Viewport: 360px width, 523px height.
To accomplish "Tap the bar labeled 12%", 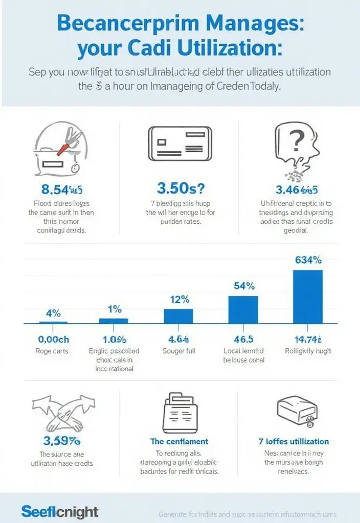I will [x=178, y=316].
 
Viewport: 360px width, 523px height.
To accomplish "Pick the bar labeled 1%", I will [x=114, y=320].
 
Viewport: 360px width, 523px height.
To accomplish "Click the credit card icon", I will [x=179, y=145].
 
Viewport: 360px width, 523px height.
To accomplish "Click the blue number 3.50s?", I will [x=179, y=189].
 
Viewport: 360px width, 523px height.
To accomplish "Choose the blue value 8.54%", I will [x=61, y=190].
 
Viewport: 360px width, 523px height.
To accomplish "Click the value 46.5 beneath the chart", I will [x=243, y=339].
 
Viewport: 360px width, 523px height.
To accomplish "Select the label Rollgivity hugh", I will [x=308, y=351].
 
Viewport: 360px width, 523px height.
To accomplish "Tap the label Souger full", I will [x=179, y=351].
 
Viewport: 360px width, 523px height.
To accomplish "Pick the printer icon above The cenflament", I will [x=179, y=412].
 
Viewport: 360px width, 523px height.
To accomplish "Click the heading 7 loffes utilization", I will [x=294, y=441].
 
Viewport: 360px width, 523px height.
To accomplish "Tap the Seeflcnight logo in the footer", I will [x=60, y=511].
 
